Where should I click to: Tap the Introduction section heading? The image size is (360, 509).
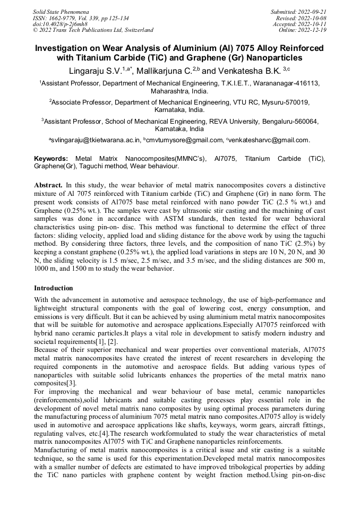(x=54, y=288)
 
